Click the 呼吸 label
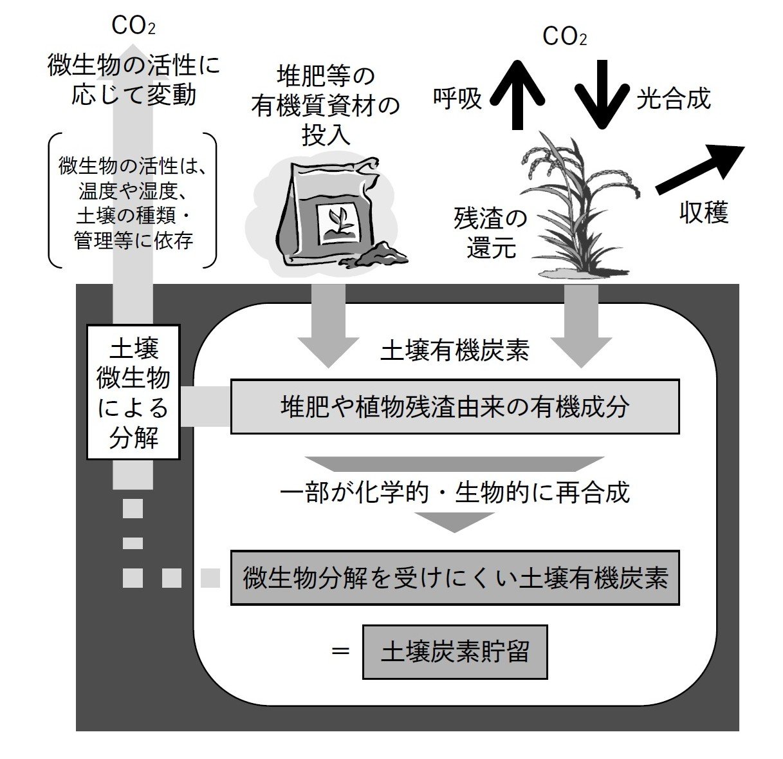(x=457, y=98)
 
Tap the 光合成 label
(x=673, y=98)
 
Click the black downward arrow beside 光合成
(x=602, y=93)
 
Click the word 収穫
(x=704, y=212)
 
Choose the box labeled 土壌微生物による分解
(x=133, y=392)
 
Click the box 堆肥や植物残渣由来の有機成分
(x=455, y=406)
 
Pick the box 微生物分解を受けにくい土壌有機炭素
(x=455, y=577)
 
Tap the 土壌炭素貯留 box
(x=455, y=651)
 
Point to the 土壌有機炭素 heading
(x=455, y=351)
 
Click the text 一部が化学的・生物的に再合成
(x=455, y=492)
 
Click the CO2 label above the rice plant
(x=564, y=37)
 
